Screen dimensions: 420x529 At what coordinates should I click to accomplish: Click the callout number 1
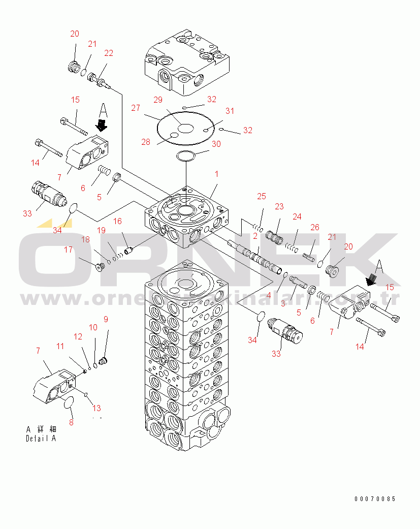[216, 174]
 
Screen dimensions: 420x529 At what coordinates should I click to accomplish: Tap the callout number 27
[136, 108]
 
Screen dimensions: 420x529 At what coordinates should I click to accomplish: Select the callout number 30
[216, 144]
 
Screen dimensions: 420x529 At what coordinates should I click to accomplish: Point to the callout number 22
[109, 53]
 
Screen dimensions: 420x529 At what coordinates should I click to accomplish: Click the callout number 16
[117, 221]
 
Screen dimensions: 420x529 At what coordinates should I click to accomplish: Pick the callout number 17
[68, 250]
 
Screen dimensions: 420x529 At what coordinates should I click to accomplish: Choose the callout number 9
[106, 319]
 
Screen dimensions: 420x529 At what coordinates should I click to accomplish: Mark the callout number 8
[71, 422]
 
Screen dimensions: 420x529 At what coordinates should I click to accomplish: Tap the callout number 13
[97, 408]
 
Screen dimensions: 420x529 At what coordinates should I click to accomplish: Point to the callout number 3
[283, 304]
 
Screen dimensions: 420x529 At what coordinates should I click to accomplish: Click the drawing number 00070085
[375, 499]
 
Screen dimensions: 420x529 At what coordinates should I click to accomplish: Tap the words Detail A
[41, 439]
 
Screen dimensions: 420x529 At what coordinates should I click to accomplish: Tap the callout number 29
[157, 100]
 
